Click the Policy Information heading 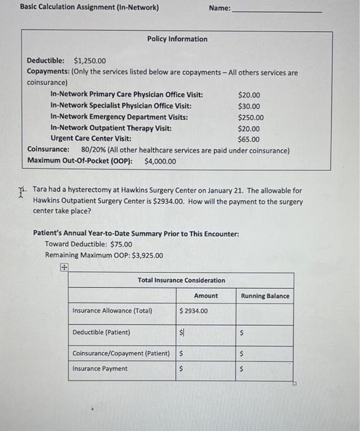(177, 39)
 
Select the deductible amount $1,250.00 (90, 61)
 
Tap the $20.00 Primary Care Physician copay (249, 95)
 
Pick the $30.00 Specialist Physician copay (249, 107)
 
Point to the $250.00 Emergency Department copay (250, 118)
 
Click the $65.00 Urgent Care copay (249, 139)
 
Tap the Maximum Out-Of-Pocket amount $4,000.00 (160, 161)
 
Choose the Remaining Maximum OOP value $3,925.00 (142, 256)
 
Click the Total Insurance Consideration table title (181, 281)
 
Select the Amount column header (206, 296)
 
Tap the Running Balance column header (265, 296)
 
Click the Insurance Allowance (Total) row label (113, 311)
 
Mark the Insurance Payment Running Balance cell (265, 369)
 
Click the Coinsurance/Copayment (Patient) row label (121, 353)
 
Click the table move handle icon (63, 267)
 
